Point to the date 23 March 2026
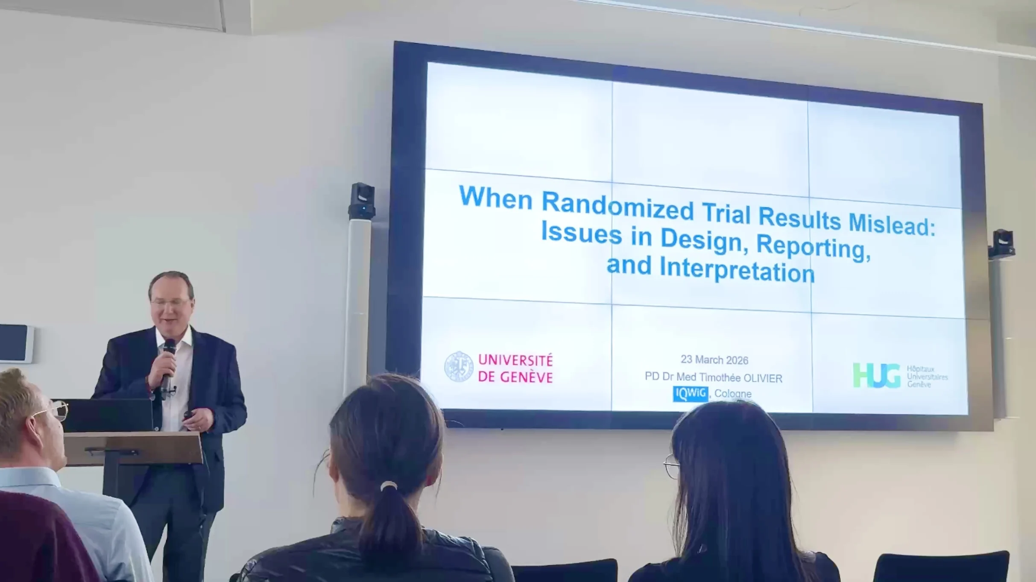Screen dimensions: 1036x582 [x=714, y=360]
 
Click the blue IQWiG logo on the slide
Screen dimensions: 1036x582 [x=691, y=394]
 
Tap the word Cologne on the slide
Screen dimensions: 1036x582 [x=733, y=393]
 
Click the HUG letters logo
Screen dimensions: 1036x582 [x=876, y=375]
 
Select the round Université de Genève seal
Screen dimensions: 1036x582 [x=459, y=366]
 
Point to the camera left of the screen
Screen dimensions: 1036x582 [x=362, y=201]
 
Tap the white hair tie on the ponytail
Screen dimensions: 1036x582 [x=389, y=485]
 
